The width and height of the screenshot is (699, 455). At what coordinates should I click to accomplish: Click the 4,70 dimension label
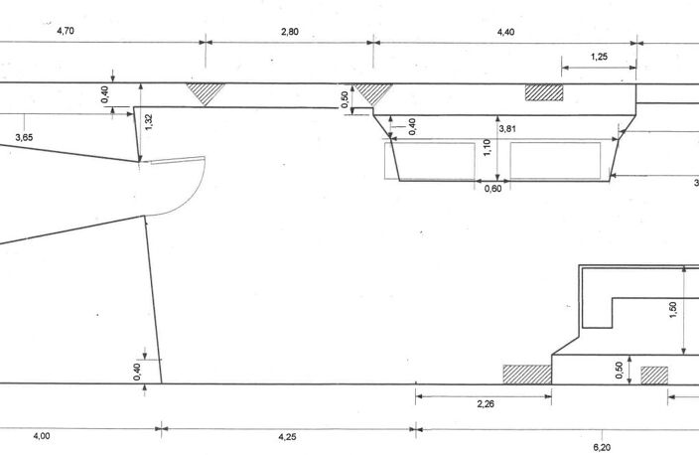66,31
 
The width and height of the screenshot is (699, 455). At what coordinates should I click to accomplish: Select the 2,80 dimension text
290,32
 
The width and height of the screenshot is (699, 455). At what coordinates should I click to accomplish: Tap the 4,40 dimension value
506,32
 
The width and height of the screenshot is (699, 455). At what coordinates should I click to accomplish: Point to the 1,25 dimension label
599,57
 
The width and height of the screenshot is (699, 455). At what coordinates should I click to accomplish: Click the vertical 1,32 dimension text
149,122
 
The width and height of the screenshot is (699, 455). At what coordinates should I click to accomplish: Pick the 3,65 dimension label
24,137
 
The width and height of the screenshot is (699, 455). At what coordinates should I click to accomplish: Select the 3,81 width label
507,129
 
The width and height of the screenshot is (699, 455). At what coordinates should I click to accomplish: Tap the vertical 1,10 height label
487,148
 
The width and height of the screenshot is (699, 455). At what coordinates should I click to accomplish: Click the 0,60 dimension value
493,189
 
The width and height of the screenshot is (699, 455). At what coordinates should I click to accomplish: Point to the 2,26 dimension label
486,404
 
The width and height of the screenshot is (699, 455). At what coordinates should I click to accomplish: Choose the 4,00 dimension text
42,436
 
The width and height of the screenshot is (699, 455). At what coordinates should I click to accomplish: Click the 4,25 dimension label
287,437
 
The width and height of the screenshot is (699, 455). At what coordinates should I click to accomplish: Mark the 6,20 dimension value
602,447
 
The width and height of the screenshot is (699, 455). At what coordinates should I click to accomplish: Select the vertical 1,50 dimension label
673,310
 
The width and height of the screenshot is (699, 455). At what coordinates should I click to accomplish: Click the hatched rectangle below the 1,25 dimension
544,92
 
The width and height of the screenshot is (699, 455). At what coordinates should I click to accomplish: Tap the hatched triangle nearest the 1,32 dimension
206,91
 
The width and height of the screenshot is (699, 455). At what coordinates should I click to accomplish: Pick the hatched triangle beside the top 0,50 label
373,91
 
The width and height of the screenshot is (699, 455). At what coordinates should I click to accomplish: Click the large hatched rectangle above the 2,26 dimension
527,375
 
